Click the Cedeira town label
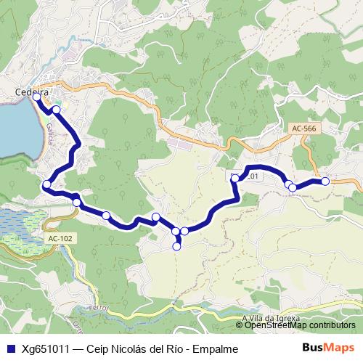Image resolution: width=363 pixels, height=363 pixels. coord(31,91)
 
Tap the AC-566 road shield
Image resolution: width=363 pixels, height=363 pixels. coord(303,129)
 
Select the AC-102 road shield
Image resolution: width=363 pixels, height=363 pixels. coord(59,237)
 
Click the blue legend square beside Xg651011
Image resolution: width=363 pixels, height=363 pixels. coord(9,348)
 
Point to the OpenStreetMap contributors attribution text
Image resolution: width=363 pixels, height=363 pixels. coord(300,325)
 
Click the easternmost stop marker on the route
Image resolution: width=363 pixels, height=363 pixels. coord(325,181)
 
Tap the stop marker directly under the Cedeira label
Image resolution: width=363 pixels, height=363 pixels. coord(37,97)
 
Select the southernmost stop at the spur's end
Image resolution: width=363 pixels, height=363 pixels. coord(176,247)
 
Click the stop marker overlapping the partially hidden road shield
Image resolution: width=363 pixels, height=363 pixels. coord(234,177)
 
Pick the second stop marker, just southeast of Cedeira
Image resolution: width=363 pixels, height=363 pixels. coord(56,110)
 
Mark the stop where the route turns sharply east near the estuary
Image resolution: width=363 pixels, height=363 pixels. coord(46,184)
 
